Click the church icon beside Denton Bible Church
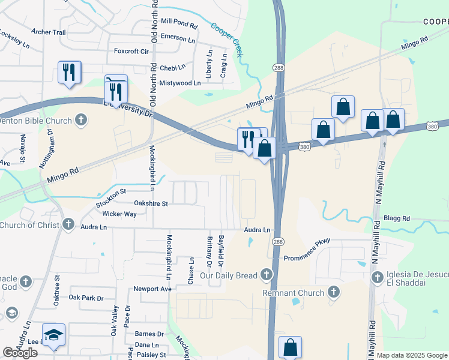[82, 121]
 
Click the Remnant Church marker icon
[334, 293]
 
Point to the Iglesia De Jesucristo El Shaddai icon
[378, 277]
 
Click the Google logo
[20, 353]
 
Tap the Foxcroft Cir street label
[131, 52]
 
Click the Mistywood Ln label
[179, 83]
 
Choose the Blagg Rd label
[397, 219]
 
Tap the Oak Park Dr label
[86, 298]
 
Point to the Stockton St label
[110, 198]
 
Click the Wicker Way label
[119, 214]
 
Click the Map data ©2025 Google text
[412, 355]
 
